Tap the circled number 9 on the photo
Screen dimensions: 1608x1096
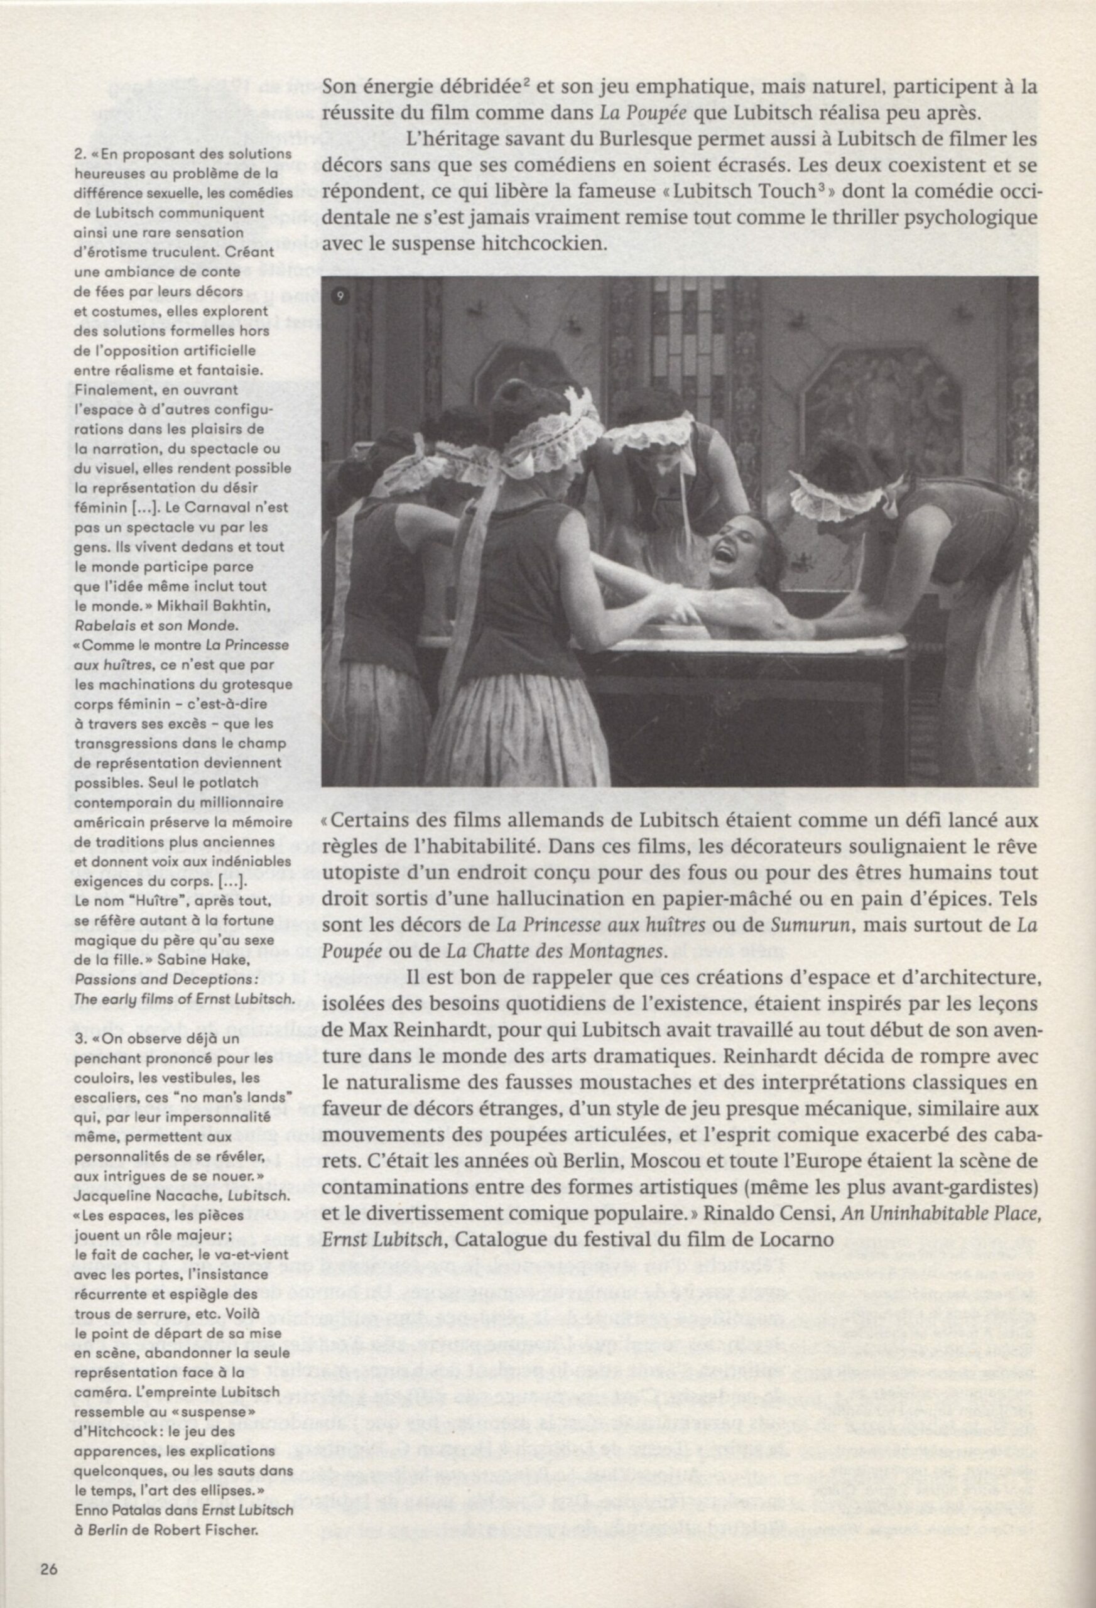[x=340, y=297]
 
